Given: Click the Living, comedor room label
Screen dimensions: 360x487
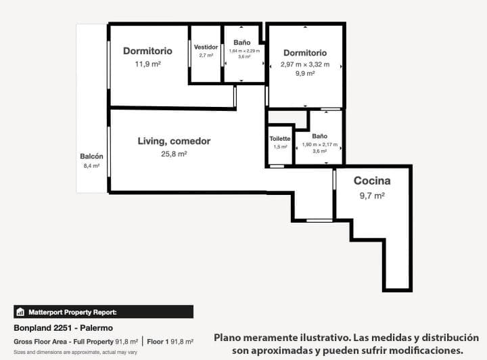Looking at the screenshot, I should [x=174, y=141].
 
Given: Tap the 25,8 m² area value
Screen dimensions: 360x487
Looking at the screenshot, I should [x=174, y=154].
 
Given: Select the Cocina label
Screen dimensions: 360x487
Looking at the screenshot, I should [x=372, y=181].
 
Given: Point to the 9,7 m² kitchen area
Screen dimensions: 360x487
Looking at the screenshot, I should [x=372, y=195].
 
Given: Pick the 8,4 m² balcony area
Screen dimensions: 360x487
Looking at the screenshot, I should [x=91, y=165].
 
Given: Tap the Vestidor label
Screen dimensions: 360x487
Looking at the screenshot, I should [x=206, y=47].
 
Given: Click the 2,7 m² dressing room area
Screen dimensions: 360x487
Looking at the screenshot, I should [x=206, y=55].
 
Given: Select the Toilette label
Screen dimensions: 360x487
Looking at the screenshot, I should [x=279, y=139].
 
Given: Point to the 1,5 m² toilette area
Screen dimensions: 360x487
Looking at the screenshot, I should [x=279, y=147].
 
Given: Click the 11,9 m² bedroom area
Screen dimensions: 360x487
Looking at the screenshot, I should [x=147, y=64].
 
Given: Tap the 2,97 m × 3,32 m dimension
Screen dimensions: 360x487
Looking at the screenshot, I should [x=305, y=65].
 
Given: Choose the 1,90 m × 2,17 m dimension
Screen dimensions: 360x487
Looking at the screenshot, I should [x=319, y=144].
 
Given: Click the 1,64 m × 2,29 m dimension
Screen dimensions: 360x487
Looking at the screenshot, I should [x=244, y=51].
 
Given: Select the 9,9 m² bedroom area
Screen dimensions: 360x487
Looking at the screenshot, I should [x=305, y=74].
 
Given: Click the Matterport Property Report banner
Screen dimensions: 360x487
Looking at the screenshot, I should [x=103, y=312].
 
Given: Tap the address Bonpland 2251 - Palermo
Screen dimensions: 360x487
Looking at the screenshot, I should [x=64, y=328].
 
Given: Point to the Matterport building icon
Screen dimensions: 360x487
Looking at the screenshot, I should [x=21, y=312].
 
